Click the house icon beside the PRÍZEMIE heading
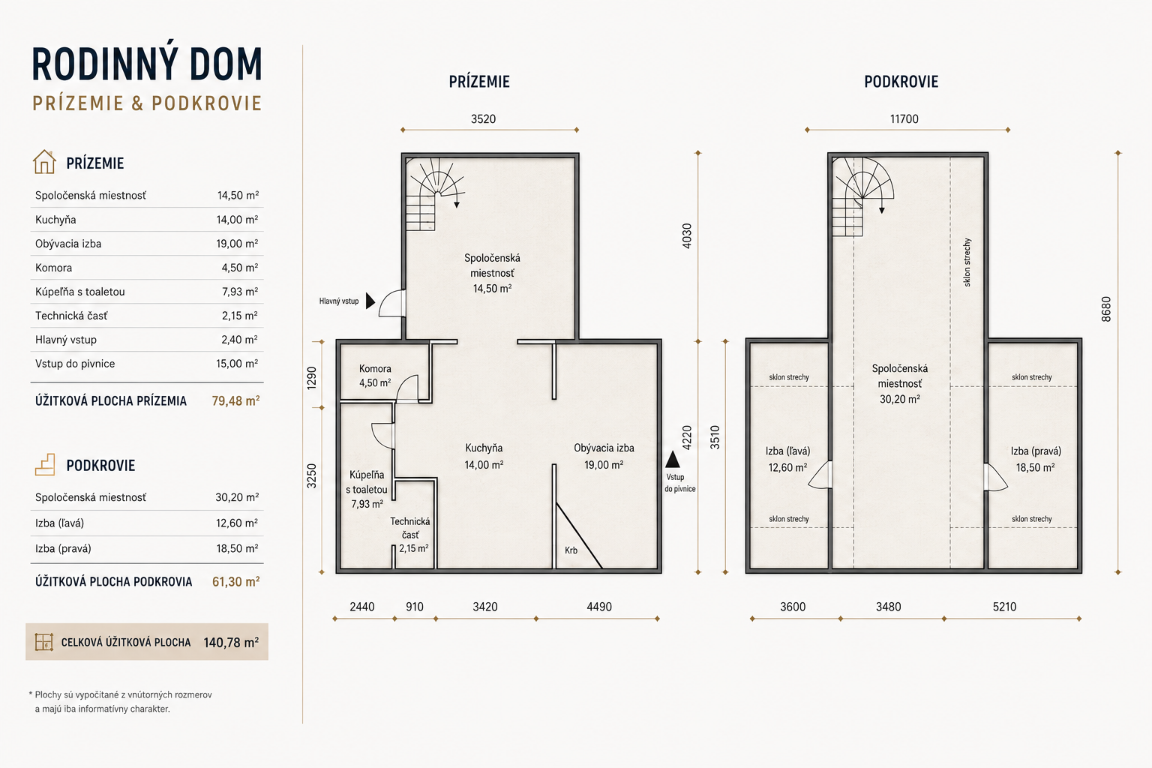[x=44, y=162]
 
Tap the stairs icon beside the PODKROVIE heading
[x=45, y=464]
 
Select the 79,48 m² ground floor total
[x=235, y=400]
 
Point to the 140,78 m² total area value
[x=231, y=643]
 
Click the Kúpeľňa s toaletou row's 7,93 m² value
[x=240, y=292]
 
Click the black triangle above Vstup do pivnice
[x=673, y=459]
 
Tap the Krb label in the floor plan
[x=571, y=550]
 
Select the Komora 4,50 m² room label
[x=375, y=376]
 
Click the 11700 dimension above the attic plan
[x=904, y=118]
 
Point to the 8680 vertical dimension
[x=1106, y=309]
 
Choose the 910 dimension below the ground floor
[x=415, y=607]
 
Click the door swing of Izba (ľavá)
[x=820, y=475]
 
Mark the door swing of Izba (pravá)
[x=996, y=477]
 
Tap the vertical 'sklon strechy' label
[x=967, y=262]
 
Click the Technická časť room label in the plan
[x=410, y=535]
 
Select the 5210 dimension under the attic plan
[x=1004, y=607]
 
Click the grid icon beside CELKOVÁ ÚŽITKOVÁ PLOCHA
[x=44, y=642]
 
